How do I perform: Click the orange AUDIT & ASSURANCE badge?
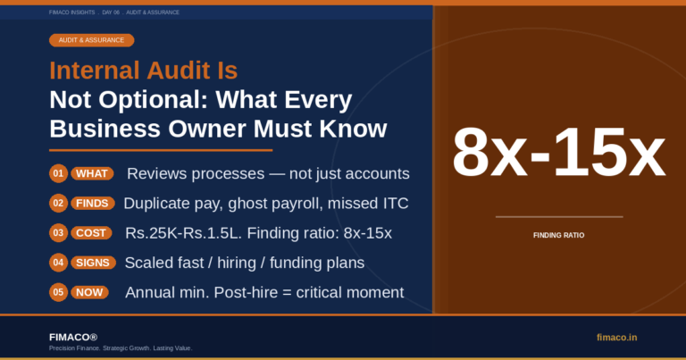tap(91, 40)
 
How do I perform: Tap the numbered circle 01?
tap(58, 173)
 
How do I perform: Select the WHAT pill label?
tap(92, 173)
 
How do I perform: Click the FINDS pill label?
tap(92, 204)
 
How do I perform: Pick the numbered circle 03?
tap(58, 233)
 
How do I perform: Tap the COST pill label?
tap(91, 233)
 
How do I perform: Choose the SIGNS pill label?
tap(93, 263)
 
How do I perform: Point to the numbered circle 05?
tap(58, 293)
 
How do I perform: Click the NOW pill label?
tap(89, 293)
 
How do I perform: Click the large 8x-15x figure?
tap(558, 152)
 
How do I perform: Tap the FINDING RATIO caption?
tap(558, 235)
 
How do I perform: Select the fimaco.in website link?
tap(617, 338)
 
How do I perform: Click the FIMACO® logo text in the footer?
tap(73, 338)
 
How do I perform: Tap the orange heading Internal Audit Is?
tap(144, 71)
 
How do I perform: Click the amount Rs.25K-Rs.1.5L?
tap(183, 233)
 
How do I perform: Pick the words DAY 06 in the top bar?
tap(111, 13)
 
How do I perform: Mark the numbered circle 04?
tap(58, 263)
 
